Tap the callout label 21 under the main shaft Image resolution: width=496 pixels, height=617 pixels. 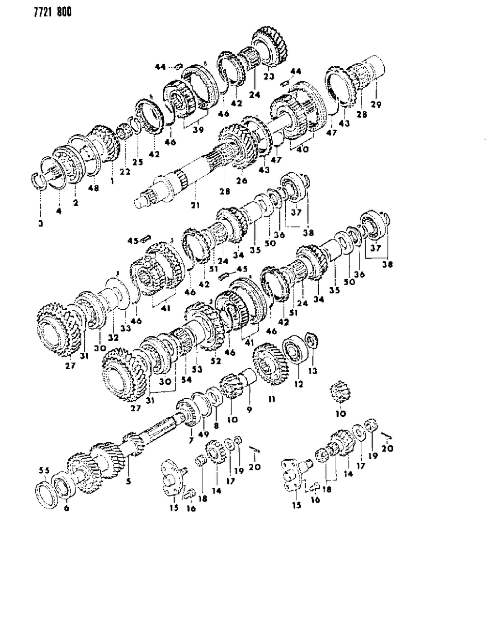pos(195,205)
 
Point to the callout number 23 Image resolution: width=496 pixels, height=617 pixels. pos(268,76)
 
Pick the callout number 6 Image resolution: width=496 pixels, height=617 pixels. pos(66,509)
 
